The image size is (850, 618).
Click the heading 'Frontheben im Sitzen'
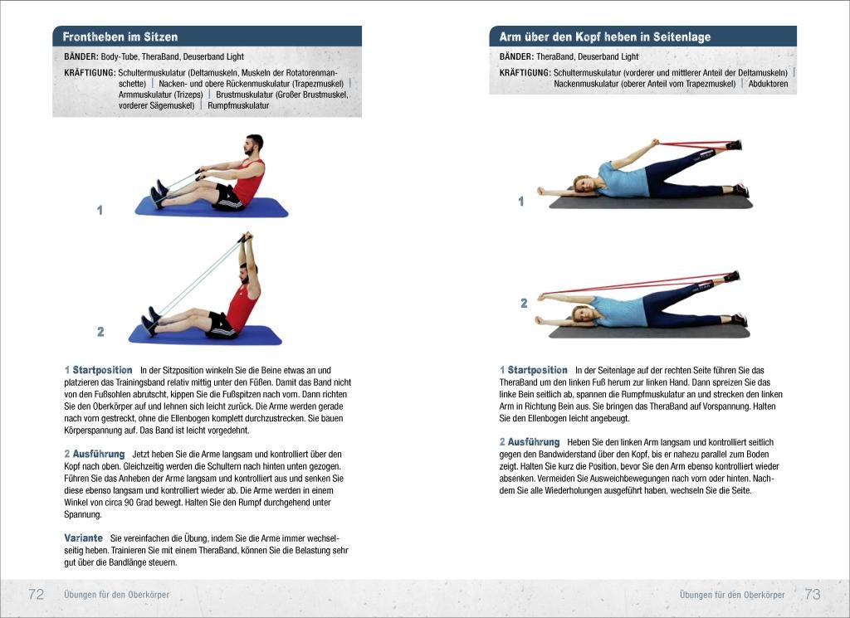coord(120,37)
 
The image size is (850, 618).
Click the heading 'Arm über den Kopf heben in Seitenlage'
coord(604,37)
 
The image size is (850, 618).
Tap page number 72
coord(36,595)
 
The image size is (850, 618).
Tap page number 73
coord(812,595)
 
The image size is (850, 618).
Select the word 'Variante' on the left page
coord(83,538)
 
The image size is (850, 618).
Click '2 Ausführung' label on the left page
coord(95,455)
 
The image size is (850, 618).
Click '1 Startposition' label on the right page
coord(534,370)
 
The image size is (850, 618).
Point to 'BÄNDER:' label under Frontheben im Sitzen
coord(81,57)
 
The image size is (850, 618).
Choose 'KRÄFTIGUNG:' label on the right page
coord(525,73)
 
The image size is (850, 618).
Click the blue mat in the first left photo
coord(212,207)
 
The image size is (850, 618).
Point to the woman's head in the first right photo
coord(582,182)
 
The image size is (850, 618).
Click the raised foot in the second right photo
coord(731,276)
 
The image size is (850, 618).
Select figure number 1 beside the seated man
coord(100,211)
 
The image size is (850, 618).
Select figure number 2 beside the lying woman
coord(524,304)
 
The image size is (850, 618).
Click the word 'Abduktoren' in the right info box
coord(768,84)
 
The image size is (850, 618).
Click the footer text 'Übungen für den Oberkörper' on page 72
coord(116,595)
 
